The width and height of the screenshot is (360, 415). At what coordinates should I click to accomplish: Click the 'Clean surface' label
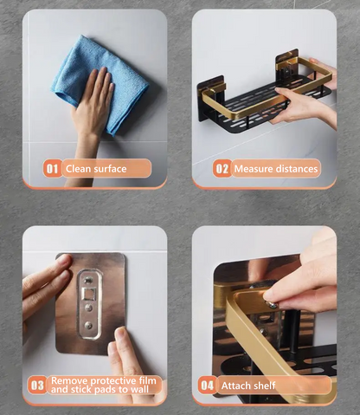96,168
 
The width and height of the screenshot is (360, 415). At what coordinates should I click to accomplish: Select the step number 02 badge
222,168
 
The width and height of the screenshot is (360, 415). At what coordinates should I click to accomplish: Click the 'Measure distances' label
275,168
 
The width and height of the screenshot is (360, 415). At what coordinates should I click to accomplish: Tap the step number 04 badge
208,385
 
